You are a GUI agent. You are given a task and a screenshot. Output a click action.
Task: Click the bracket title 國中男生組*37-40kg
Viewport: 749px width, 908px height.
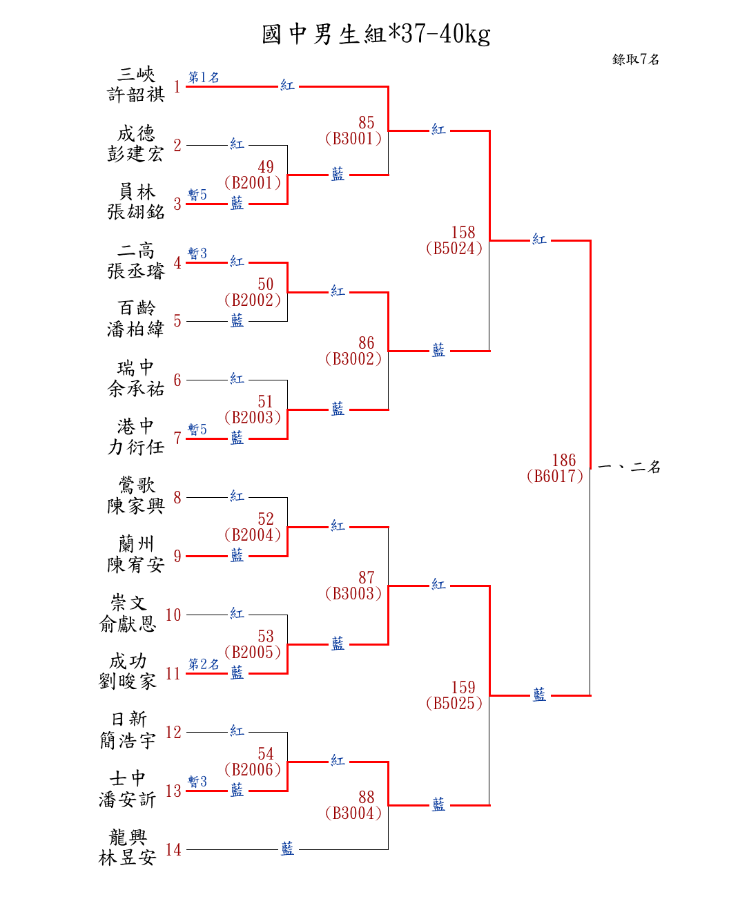point(376,34)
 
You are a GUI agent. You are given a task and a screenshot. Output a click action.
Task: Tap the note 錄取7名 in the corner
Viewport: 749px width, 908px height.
point(635,59)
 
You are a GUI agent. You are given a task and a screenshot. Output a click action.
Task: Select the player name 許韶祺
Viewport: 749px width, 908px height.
point(136,95)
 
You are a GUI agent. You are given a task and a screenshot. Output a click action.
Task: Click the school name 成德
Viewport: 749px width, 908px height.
point(136,133)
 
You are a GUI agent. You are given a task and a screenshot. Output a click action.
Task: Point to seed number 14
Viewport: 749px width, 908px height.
point(173,850)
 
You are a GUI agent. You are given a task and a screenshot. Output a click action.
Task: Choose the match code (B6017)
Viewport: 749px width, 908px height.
point(555,476)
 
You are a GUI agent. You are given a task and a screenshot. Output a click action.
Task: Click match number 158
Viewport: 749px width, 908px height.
point(463,233)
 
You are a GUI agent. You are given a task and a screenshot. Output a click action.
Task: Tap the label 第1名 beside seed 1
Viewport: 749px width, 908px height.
point(204,77)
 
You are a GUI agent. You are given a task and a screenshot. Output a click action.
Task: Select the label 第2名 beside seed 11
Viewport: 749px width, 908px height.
point(204,664)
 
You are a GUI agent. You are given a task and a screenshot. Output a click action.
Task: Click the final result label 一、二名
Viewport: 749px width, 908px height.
point(629,467)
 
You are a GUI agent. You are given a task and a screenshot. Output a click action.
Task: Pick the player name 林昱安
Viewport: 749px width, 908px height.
point(128,858)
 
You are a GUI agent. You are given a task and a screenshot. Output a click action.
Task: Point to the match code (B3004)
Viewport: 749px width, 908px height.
point(353,813)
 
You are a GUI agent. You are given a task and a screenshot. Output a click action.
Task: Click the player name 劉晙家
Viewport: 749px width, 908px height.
point(128,682)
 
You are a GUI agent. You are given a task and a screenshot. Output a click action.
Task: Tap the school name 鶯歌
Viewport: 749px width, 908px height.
point(136,485)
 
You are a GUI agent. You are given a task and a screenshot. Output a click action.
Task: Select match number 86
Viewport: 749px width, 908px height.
point(367,343)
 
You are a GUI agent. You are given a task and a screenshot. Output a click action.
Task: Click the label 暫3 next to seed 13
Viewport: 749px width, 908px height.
point(197,782)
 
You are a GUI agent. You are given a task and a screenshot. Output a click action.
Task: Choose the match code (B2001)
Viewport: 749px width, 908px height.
point(253,183)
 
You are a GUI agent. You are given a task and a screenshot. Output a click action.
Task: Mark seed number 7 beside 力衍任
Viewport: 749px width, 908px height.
point(177,438)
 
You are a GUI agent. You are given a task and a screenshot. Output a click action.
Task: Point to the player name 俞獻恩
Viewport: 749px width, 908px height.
point(128,624)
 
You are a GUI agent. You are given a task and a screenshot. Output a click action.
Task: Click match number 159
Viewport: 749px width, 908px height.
point(463,688)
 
